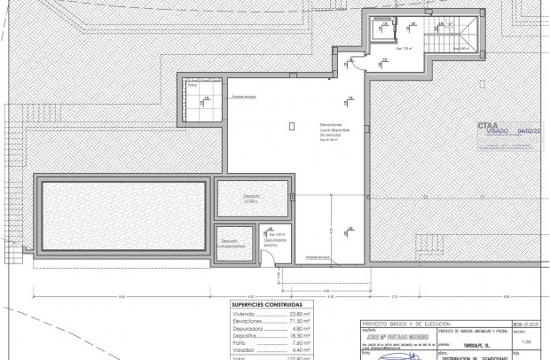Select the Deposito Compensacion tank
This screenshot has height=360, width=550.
232,242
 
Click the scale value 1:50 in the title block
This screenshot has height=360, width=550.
527,339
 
